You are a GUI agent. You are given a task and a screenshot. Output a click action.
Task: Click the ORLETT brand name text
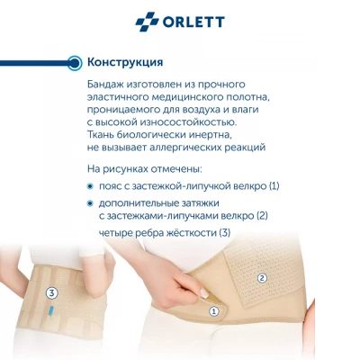point(193,22)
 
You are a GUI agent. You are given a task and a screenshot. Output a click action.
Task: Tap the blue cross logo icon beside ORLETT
point(147,22)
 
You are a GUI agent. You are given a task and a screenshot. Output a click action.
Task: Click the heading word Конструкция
point(125,62)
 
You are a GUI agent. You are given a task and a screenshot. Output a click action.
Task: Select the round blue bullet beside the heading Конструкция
point(75,63)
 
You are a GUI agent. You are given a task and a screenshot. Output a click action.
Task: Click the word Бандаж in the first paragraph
point(105,85)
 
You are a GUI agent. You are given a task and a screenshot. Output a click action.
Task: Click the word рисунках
point(125,169)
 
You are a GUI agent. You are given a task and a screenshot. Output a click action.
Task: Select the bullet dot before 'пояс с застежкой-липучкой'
point(90,186)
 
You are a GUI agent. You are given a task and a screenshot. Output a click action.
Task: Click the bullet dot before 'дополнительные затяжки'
point(90,203)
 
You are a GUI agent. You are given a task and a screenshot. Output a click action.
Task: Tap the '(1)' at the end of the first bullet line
point(274,186)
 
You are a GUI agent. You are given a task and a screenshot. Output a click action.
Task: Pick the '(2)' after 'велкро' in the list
point(262,216)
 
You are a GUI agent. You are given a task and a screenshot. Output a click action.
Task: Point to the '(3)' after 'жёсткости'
point(225,233)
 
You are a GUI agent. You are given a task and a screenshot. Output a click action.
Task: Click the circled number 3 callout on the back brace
point(51,293)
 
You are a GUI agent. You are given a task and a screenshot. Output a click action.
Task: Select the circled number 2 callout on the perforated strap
point(262,278)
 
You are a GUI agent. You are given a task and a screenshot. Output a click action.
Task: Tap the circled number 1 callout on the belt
point(214,311)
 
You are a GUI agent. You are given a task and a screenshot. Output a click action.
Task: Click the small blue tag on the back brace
point(52,310)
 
